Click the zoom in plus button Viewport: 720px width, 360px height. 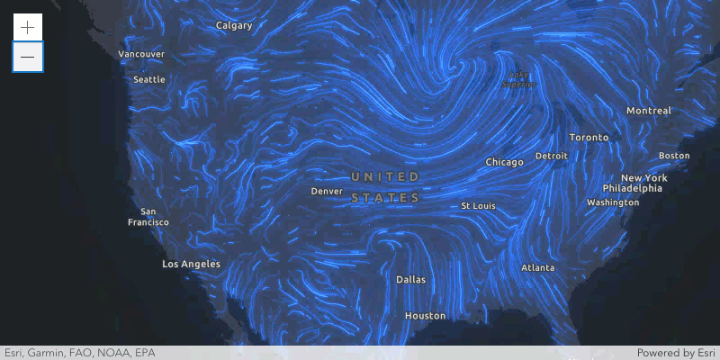pos(28,27)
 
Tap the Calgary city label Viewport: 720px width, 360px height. pos(234,25)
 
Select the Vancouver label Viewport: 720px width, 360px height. pos(141,54)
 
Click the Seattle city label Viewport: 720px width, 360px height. pos(149,79)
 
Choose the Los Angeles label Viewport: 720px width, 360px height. pos(191,264)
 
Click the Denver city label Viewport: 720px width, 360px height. pos(327,191)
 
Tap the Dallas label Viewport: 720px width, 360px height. pos(410,279)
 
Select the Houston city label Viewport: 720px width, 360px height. pos(425,316)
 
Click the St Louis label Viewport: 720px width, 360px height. pos(478,206)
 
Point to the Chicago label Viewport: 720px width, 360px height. pos(504,162)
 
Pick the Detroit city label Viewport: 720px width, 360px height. pos(551,156)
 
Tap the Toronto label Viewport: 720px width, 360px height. pos(589,138)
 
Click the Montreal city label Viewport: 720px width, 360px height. pos(649,111)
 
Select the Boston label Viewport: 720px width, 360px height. pos(674,156)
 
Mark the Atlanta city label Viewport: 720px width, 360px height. pos(538,267)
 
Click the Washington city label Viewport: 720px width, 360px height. pos(612,202)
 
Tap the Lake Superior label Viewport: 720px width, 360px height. pos(518,79)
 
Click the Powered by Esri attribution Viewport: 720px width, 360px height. pos(676,353)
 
